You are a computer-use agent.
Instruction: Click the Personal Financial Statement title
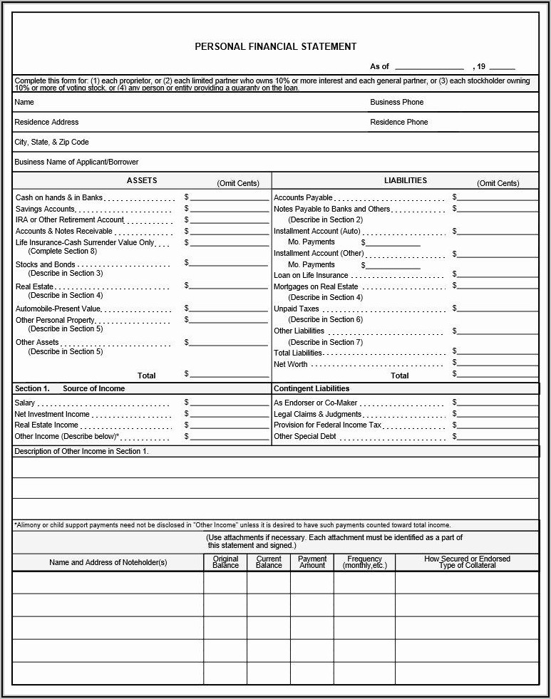(275, 46)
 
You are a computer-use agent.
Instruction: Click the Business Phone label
(396, 102)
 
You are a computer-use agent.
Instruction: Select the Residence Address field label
(46, 122)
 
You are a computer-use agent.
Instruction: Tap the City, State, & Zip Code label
(51, 142)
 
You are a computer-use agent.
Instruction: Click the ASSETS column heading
(141, 181)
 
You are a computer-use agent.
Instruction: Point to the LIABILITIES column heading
(405, 181)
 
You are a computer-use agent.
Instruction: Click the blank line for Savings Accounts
(230, 211)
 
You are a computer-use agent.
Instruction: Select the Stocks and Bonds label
(45, 264)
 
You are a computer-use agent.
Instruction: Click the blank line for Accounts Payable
(497, 200)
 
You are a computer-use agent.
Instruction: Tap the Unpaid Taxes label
(297, 309)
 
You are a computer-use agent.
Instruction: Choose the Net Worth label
(291, 364)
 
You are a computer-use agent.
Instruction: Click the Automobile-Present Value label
(58, 309)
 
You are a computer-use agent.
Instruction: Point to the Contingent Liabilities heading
(311, 388)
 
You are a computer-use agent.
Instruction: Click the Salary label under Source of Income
(25, 403)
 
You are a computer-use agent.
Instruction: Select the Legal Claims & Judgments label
(317, 414)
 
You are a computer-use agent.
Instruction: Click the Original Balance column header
(225, 562)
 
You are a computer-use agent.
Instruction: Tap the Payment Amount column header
(312, 562)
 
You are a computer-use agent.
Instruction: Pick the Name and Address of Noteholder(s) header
(108, 562)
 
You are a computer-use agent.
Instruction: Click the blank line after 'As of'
(429, 68)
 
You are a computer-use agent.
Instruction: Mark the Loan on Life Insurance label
(311, 276)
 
